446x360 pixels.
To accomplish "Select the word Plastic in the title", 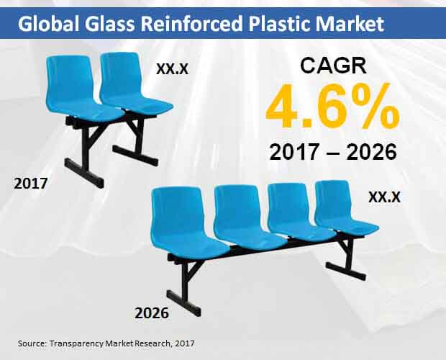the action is pyautogui.click(x=279, y=23).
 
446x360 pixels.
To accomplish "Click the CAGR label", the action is pyautogui.click(x=333, y=66).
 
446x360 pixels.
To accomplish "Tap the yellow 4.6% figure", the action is pyautogui.click(x=332, y=106).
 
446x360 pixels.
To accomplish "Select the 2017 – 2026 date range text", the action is pyautogui.click(x=333, y=152).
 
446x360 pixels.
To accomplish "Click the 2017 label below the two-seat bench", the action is pyautogui.click(x=31, y=184).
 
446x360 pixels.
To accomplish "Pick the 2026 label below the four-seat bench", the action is pyautogui.click(x=152, y=313).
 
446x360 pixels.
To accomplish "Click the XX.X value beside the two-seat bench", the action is pyautogui.click(x=173, y=68).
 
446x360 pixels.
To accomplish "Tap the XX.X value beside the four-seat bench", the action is pyautogui.click(x=384, y=197).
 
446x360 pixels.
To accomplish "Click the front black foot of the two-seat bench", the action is pyautogui.click(x=84, y=173).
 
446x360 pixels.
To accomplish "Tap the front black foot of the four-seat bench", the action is pyautogui.click(x=183, y=303).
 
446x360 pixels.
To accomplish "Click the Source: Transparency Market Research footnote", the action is pyautogui.click(x=106, y=343).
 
